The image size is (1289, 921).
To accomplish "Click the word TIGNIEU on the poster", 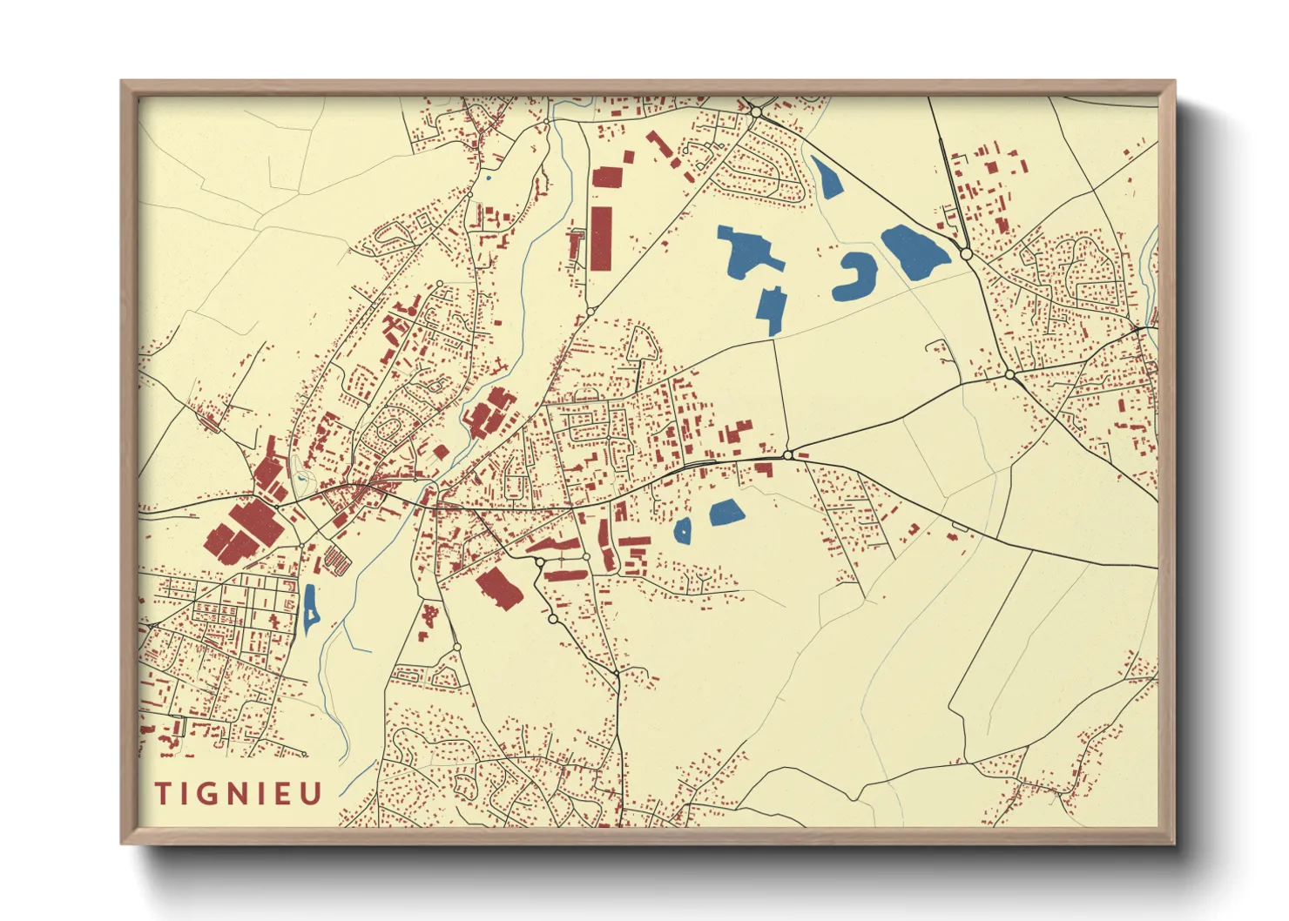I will click(x=239, y=793).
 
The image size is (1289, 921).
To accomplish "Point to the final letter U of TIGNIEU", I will click(x=312, y=793).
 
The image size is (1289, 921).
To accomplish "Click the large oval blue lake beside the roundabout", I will click(x=914, y=252).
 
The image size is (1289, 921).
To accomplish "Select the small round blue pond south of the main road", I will click(x=683, y=530).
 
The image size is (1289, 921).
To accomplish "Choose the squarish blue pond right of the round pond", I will click(x=725, y=513).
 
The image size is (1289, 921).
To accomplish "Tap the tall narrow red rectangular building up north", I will click(x=601, y=238).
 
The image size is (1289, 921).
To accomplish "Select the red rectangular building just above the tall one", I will click(x=607, y=177).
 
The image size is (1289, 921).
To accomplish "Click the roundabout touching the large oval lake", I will click(x=966, y=253).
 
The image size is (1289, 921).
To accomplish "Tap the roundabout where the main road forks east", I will click(x=787, y=454).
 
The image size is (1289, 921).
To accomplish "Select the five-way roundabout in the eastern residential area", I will click(x=1009, y=374).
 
